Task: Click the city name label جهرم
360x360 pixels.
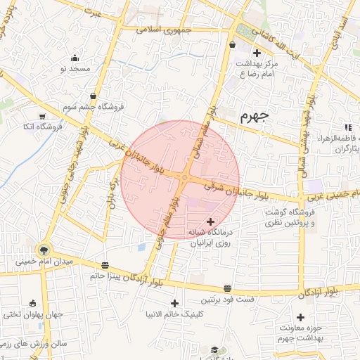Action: tap(255, 116)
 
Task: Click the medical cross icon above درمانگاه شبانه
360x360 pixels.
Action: tap(211, 221)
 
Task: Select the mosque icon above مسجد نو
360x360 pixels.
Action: tap(75, 58)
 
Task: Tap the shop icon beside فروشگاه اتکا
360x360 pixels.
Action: tap(42, 116)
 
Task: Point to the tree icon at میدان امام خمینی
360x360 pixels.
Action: tap(44, 250)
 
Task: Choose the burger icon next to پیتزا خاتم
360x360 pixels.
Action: tap(105, 265)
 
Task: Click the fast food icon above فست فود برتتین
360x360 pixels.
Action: tap(228, 288)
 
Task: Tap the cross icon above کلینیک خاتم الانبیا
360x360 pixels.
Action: tap(175, 303)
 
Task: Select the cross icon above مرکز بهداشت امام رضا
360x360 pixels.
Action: tap(257, 53)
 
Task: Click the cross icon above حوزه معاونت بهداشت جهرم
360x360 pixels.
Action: tap(301, 317)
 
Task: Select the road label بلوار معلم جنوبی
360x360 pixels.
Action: tap(165, 232)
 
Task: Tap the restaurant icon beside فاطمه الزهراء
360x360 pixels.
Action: tap(347, 127)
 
